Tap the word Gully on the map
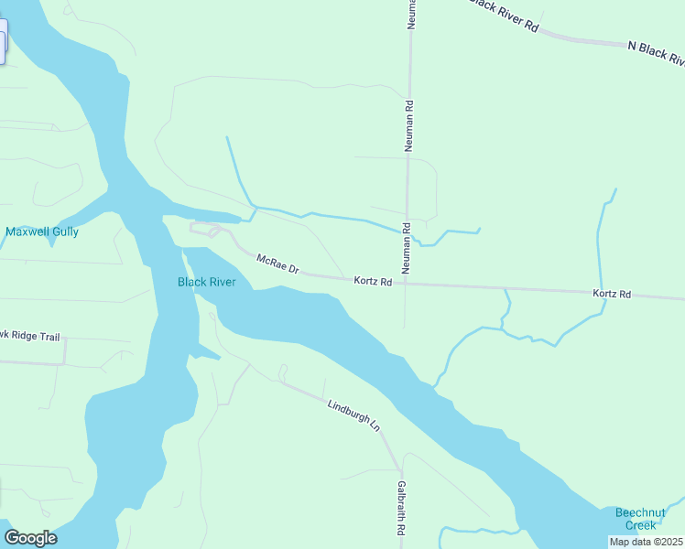65,231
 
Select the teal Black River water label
206,282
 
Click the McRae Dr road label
277,264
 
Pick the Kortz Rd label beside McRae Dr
374,282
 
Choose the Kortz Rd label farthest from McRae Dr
612,294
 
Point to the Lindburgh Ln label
353,413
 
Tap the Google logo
30,538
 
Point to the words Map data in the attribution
630,542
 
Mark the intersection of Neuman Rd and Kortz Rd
405,283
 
